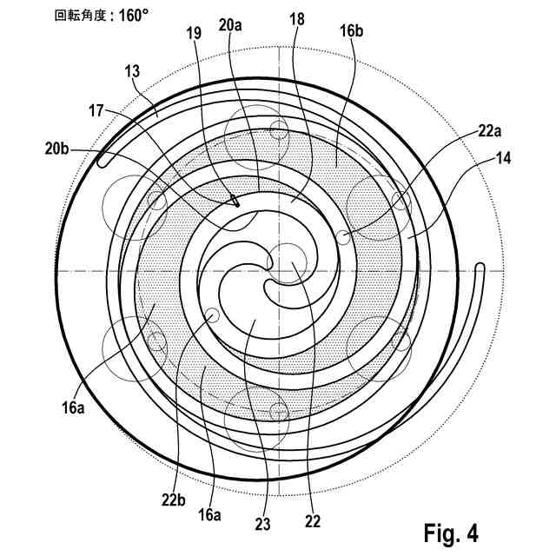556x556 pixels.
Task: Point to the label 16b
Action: pyautogui.click(x=350, y=32)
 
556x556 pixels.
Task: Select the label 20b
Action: pyautogui.click(x=56, y=149)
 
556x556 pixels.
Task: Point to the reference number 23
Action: pyautogui.click(x=263, y=524)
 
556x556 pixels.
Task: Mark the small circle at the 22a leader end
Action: pyautogui.click(x=345, y=236)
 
